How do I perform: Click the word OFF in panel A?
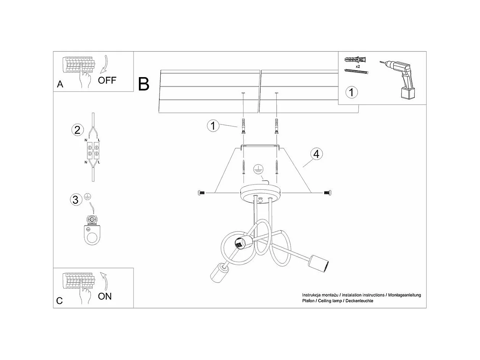pos(107,80)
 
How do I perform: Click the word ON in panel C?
pos(105,296)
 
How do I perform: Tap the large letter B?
pos(143,84)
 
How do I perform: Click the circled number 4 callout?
pos(316,154)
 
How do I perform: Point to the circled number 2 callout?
pos(77,130)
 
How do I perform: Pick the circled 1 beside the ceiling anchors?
pos(213,126)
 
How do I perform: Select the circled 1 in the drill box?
pos(351,92)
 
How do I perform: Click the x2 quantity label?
pos(358,66)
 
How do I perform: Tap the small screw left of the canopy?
pos(202,193)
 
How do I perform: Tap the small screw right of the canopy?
pos(327,193)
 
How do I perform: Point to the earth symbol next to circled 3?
pos(87,196)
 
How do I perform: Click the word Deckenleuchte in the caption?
pos(359,301)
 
